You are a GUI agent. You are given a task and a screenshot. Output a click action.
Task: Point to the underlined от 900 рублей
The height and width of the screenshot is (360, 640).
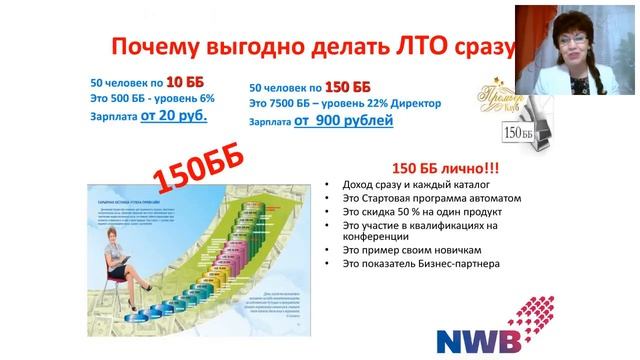coord(343,121)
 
